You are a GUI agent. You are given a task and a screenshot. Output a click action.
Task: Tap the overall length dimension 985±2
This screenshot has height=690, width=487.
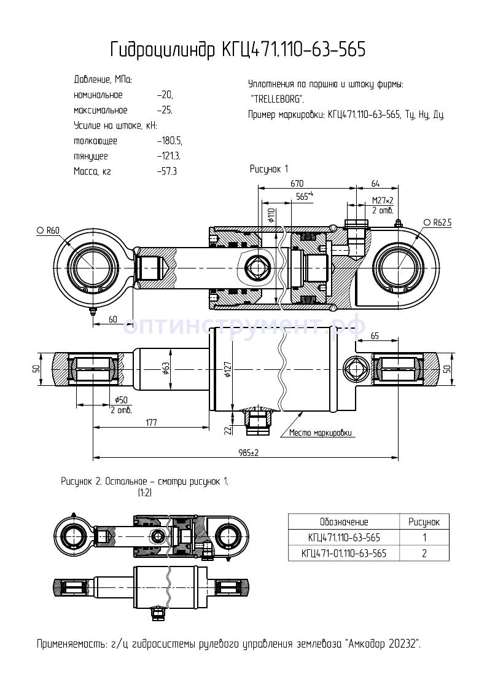pos(248,453)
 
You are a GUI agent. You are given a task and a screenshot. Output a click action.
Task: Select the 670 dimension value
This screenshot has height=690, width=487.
pos(297,183)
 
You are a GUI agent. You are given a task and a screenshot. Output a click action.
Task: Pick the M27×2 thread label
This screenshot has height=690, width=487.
pos(383,200)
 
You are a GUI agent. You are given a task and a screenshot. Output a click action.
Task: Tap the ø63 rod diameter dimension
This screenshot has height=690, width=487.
pos(165,367)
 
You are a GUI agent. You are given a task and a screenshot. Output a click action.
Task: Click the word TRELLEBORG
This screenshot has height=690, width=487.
pos(276,99)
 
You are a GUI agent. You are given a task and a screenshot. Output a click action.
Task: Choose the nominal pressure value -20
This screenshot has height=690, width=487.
pos(165,95)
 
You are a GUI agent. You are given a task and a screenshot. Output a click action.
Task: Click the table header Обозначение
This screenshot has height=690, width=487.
pos(343,522)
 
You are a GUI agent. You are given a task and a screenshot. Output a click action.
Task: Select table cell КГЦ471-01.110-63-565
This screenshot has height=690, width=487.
pos(344,553)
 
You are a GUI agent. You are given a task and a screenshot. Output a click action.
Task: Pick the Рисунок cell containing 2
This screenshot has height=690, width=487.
pos(424,553)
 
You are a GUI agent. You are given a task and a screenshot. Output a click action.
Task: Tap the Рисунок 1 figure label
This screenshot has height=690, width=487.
pos(269,168)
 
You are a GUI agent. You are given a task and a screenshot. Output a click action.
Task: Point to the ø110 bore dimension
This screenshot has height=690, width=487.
pos(271,215)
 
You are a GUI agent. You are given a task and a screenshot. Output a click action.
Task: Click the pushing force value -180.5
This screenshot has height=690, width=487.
pos(169,141)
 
